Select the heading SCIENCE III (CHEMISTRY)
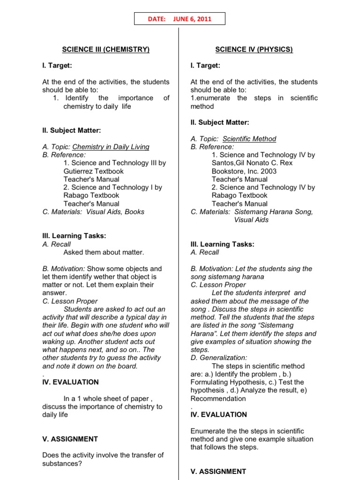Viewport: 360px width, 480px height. point(106,49)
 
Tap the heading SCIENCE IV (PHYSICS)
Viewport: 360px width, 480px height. point(254,49)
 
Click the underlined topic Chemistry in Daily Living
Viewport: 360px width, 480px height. point(111,147)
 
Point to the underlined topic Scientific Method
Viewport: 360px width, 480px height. point(249,139)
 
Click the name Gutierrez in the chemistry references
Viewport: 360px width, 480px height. point(78,171)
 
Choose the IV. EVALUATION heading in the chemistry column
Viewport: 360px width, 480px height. point(70,382)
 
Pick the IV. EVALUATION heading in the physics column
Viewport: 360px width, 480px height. point(218,414)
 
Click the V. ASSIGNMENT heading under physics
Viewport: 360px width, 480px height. point(218,472)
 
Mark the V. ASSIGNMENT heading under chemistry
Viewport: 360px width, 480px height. point(70,439)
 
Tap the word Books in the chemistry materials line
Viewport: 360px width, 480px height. point(135,212)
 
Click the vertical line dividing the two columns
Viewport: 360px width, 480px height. point(179,234)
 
